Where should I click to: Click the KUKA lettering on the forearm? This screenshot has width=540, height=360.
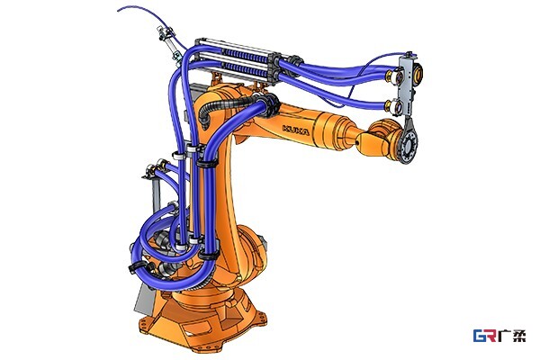(296, 130)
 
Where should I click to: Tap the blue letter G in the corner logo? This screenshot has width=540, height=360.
(480, 336)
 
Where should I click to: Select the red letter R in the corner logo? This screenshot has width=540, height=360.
(491, 336)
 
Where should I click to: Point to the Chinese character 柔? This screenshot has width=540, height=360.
(519, 336)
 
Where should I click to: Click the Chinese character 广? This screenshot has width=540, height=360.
(505, 336)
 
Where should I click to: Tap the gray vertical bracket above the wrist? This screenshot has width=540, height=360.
(407, 85)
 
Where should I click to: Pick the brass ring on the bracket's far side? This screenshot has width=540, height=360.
(418, 72)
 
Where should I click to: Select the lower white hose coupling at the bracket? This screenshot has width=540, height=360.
(392, 106)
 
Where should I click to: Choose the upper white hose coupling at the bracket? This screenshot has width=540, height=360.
(392, 76)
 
